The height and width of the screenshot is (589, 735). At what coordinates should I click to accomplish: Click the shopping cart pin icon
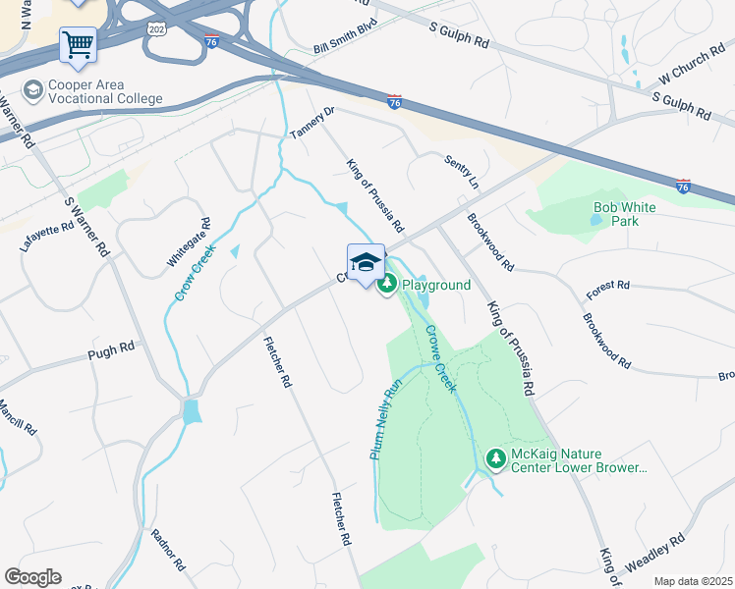(x=78, y=45)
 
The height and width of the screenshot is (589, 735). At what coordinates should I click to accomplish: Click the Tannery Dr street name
(x=312, y=123)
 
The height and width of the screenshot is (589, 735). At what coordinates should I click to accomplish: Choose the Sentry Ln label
(x=461, y=171)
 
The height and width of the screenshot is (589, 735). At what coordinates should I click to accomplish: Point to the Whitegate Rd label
(x=189, y=241)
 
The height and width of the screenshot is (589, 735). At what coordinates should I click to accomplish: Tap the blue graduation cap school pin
(x=366, y=262)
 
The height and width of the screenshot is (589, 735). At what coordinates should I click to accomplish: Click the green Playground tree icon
(x=387, y=285)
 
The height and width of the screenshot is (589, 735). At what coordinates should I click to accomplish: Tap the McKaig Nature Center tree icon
(x=496, y=458)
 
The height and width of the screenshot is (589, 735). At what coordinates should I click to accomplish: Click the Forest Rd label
(x=607, y=285)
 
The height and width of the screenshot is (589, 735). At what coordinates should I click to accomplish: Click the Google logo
(x=32, y=577)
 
